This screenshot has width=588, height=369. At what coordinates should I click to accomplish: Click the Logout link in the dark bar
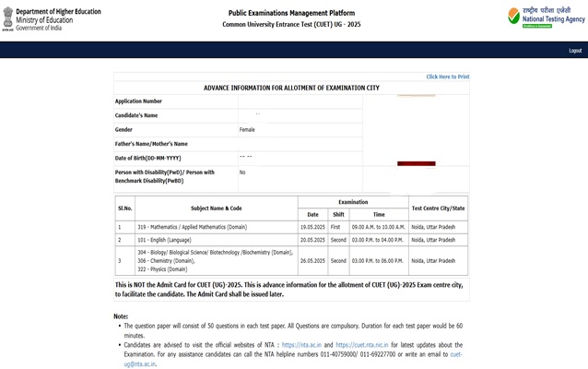(575, 51)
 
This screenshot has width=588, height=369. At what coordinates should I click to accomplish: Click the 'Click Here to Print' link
(447, 77)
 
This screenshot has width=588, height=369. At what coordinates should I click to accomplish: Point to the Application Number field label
(138, 101)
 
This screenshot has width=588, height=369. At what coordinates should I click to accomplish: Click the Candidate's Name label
(136, 115)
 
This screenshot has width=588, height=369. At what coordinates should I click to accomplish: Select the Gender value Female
(247, 129)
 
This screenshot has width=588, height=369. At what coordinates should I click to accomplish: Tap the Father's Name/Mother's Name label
(151, 144)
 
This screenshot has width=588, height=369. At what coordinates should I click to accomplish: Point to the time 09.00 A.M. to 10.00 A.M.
(378, 226)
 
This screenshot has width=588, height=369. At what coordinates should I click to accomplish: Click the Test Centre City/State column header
(438, 208)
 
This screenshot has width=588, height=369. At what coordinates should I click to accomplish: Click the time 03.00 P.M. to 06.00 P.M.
(378, 260)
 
